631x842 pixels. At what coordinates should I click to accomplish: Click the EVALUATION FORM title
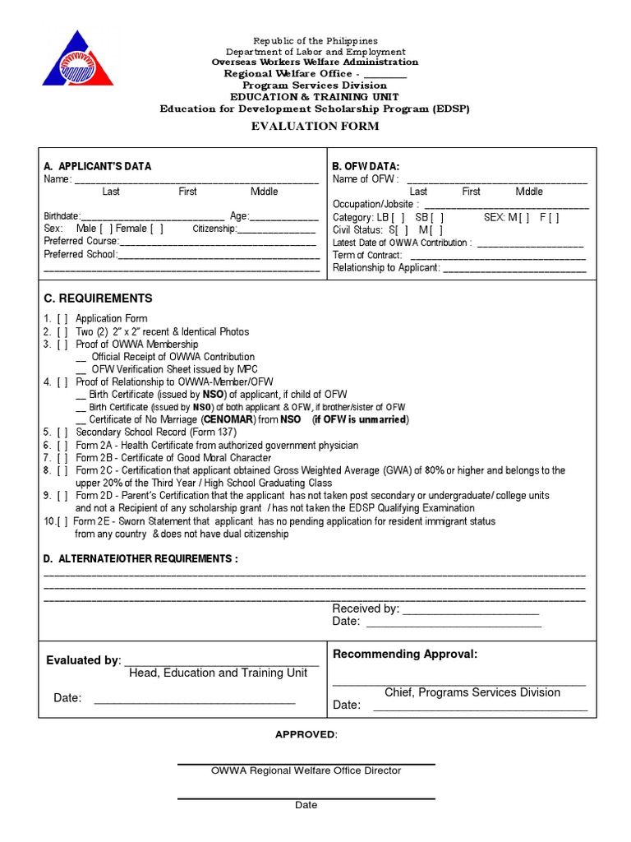pos(315,126)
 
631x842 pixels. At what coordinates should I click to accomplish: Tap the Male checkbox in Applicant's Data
pos(107,229)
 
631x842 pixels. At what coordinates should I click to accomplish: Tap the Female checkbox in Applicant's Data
pos(156,229)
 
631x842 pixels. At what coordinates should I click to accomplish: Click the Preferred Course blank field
pos(218,243)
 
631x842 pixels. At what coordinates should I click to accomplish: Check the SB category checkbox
pos(438,217)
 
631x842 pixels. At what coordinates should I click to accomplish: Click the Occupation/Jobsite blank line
pos(505,206)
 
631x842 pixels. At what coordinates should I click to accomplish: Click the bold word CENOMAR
pos(227,419)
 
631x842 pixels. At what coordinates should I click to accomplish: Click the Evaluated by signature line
pos(221,662)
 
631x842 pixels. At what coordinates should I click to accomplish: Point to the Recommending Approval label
pos(404,655)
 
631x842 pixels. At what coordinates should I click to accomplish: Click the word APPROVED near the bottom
pos(305,734)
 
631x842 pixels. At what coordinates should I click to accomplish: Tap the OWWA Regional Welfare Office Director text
pos(306,771)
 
